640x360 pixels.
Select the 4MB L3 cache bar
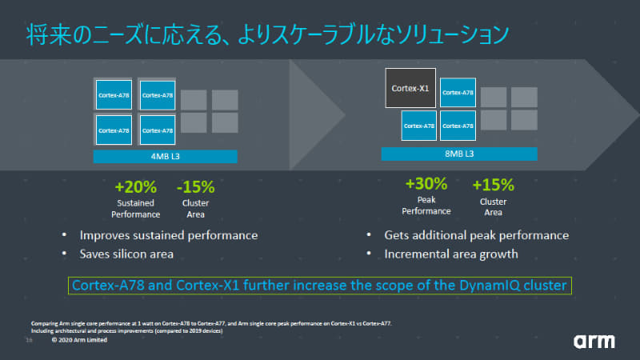pyautogui.click(x=166, y=156)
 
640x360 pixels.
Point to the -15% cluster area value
pyautogui.click(x=195, y=187)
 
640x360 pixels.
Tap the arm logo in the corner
pyautogui.click(x=594, y=341)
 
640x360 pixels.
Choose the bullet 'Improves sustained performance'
pyautogui.click(x=168, y=235)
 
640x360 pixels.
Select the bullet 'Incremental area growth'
pyautogui.click(x=450, y=254)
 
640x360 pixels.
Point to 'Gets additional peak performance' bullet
pyautogui.click(x=476, y=235)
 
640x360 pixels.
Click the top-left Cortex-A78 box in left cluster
pyautogui.click(x=114, y=95)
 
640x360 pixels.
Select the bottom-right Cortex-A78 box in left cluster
pyautogui.click(x=157, y=129)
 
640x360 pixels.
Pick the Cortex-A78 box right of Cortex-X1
pyautogui.click(x=458, y=92)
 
